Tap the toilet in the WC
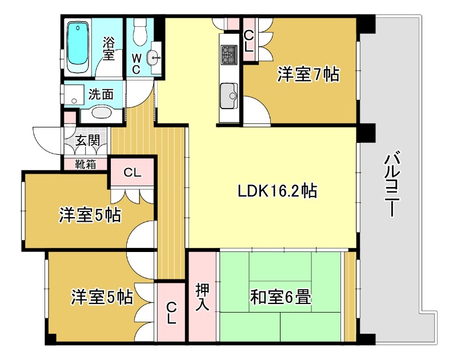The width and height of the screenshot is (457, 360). coord(139,32)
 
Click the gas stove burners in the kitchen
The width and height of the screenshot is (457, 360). coord(230,54)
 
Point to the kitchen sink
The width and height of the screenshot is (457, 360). coord(229,96)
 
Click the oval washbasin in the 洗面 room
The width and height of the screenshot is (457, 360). coord(101,113)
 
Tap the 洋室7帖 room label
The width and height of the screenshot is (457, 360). coord(308,74)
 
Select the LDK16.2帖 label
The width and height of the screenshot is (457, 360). coord(278,191)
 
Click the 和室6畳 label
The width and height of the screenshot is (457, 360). coord(280,297)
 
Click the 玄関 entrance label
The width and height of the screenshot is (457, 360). coord(87,141)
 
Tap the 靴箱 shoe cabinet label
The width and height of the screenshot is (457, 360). coord(86,165)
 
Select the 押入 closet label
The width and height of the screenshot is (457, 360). coord(203,297)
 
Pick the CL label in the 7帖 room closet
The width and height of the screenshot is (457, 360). coord(248,41)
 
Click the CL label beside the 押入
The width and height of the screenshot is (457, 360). coord(171,313)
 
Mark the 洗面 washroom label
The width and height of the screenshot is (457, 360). coord(101,94)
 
